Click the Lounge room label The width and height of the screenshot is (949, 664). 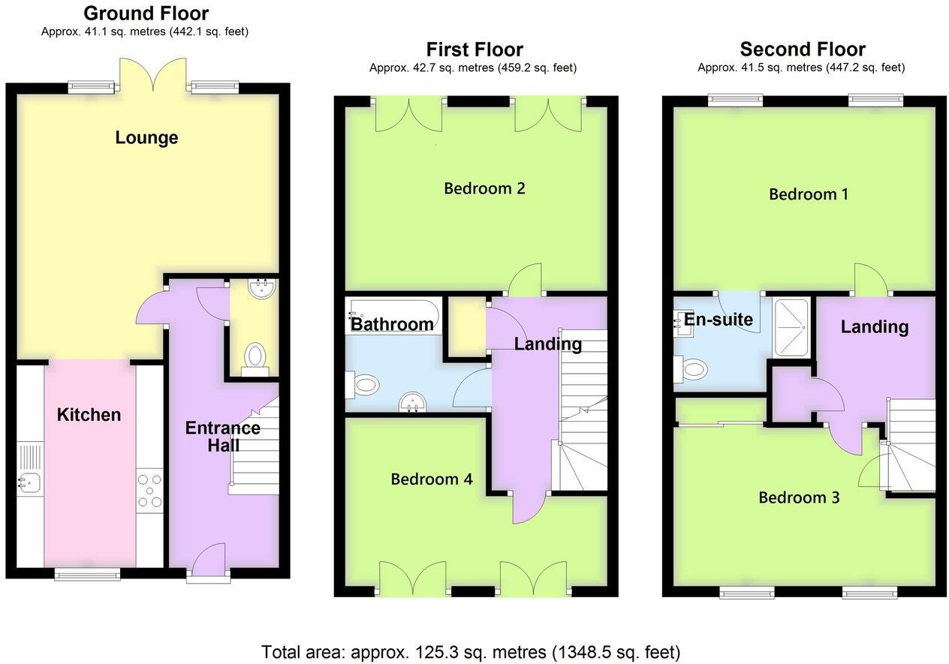[146, 138]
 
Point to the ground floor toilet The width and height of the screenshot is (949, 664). [255, 356]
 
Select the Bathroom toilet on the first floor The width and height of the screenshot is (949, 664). [363, 385]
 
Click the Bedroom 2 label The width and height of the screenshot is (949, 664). [484, 188]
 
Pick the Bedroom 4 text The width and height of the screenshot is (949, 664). [432, 479]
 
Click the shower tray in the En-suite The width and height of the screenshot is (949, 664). [791, 327]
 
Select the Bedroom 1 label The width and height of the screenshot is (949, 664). [809, 194]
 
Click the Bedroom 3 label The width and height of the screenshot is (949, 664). [799, 497]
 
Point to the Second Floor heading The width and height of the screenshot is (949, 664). [802, 50]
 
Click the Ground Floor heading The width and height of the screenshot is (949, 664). [146, 13]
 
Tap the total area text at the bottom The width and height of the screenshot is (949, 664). [471, 651]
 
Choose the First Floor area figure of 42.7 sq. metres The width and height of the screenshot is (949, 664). [472, 68]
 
